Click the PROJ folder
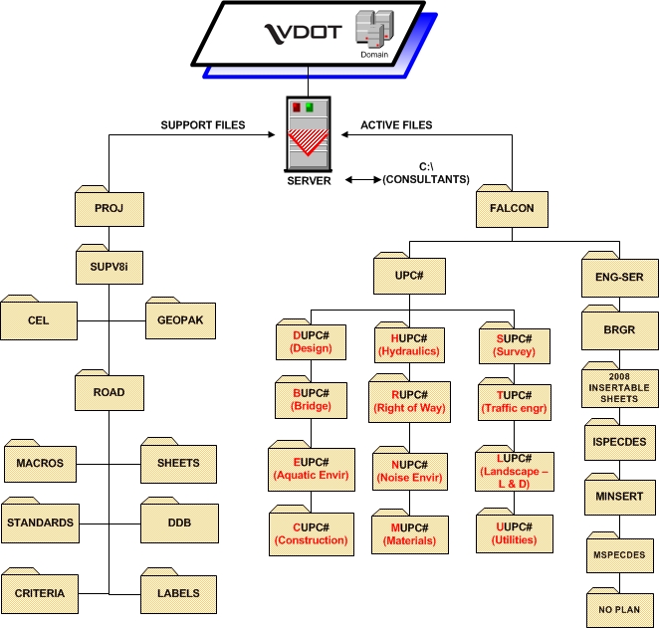[110, 209]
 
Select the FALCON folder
[512, 208]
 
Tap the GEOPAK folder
[180, 320]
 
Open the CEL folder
[39, 320]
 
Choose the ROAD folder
[110, 391]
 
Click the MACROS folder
[39, 463]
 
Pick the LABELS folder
[178, 593]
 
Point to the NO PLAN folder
[620, 609]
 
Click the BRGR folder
[620, 329]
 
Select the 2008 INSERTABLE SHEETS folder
[620, 387]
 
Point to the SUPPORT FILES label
[202, 125]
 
